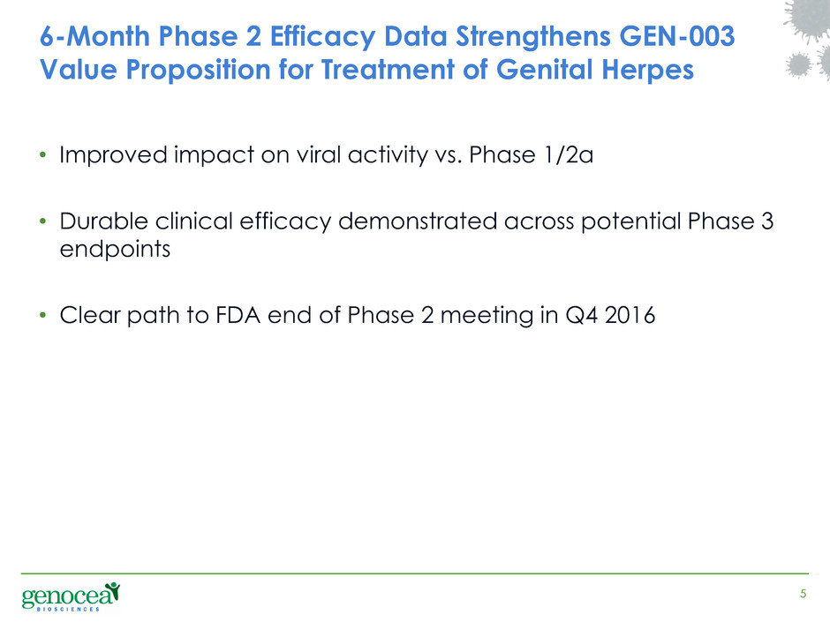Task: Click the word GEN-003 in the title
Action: click(676, 36)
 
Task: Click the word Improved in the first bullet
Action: click(113, 155)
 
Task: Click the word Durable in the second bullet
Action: click(104, 221)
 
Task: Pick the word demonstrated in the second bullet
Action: click(417, 221)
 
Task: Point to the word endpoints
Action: click(115, 249)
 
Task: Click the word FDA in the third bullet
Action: click(238, 315)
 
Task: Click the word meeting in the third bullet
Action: click(487, 316)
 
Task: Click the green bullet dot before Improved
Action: click(43, 155)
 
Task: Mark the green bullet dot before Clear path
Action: click(43, 316)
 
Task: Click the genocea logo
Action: click(71, 596)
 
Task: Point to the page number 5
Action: click(803, 594)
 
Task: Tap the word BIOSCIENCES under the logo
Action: click(69, 610)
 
